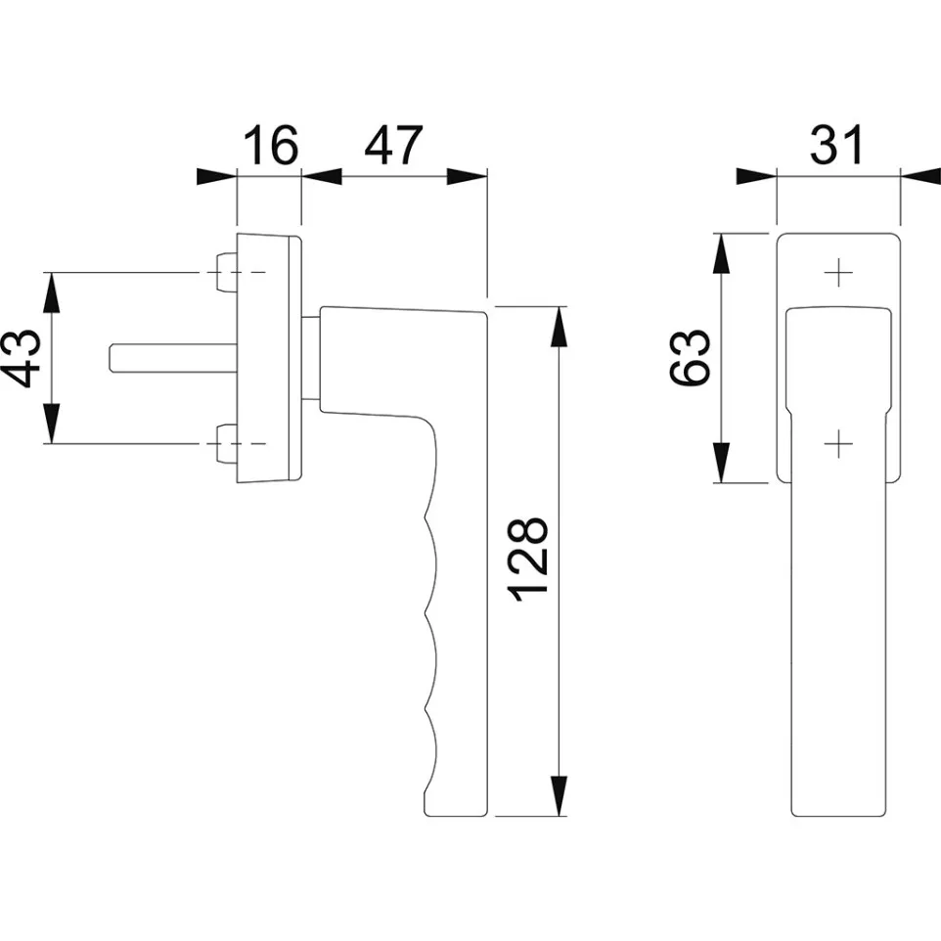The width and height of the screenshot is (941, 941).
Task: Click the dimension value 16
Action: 271,145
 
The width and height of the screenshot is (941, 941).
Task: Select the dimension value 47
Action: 393,145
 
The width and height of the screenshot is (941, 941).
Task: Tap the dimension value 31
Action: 836,145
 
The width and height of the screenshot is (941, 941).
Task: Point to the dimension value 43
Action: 22,358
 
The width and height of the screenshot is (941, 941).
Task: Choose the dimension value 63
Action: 690,357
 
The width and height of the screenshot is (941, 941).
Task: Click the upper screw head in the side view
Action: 226,273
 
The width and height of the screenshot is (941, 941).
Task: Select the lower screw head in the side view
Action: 226,443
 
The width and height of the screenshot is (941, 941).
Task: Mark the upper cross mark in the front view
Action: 838,274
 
